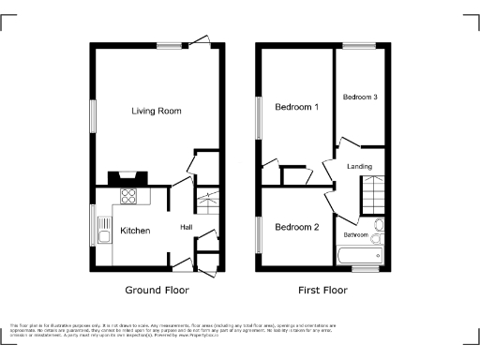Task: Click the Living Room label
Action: [156, 111]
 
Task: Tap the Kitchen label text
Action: [134, 230]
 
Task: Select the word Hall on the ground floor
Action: [186, 227]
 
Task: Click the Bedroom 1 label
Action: [296, 107]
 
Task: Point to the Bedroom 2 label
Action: [296, 227]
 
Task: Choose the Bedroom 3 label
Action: [360, 97]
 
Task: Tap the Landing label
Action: [359, 167]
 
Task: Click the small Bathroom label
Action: [355, 234]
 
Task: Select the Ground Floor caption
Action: [157, 291]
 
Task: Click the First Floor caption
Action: [322, 291]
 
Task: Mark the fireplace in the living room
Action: [127, 176]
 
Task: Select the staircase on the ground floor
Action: [208, 199]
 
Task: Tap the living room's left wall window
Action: [93, 114]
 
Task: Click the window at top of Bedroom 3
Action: [358, 45]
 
